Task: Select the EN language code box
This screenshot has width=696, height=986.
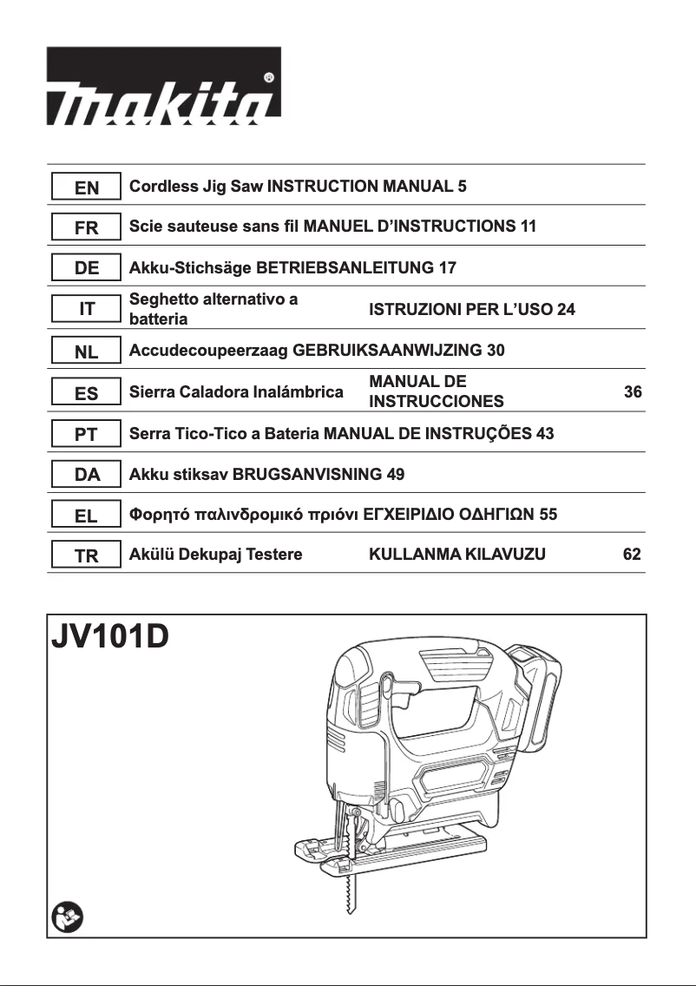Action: point(87,187)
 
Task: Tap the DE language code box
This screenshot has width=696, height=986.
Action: point(87,268)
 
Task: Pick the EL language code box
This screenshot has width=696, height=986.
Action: point(87,516)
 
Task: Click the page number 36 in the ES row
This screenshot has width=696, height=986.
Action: point(633,392)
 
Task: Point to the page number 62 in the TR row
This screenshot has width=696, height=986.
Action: point(633,555)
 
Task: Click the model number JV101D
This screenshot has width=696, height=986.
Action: point(110,639)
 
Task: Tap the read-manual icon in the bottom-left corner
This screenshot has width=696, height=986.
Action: point(66,917)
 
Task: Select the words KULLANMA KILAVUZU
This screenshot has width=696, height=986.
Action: point(457,555)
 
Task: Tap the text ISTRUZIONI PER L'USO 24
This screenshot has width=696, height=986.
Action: point(472,310)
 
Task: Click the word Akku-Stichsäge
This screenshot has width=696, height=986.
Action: point(187,268)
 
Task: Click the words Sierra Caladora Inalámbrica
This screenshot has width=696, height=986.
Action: point(236,392)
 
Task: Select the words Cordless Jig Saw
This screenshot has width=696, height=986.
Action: point(196,186)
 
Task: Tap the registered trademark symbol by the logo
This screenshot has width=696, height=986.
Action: point(269,77)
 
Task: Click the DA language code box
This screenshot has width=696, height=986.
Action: point(87,475)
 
